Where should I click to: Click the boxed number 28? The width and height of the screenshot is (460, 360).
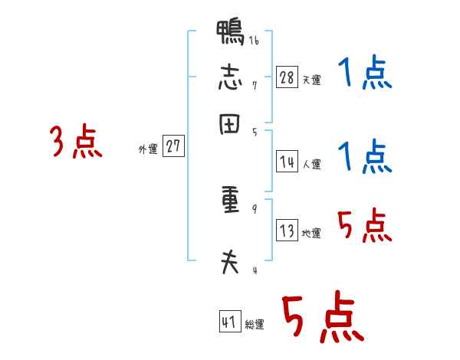coord(287,77)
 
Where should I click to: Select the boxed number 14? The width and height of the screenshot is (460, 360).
coord(287,162)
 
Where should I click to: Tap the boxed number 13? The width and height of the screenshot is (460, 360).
coord(287,231)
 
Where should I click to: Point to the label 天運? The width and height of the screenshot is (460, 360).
coord(311,80)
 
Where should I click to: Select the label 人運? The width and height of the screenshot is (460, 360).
coord(311,164)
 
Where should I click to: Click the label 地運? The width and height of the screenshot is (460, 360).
coord(311,233)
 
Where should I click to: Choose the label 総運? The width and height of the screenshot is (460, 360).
coord(255,324)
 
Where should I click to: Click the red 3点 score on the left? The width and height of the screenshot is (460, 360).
coord(76,142)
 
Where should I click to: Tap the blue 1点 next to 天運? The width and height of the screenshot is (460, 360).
coord(364,75)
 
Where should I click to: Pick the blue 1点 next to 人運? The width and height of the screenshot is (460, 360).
coord(364,157)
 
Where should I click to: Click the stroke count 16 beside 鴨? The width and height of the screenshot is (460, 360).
coord(254,41)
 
